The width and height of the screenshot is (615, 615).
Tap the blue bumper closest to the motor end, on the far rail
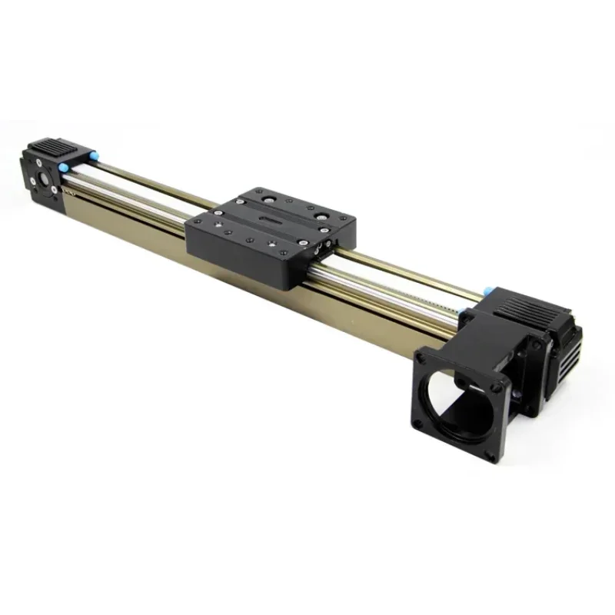(x=487, y=291)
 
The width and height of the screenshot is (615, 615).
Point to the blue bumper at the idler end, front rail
(x=66, y=165)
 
